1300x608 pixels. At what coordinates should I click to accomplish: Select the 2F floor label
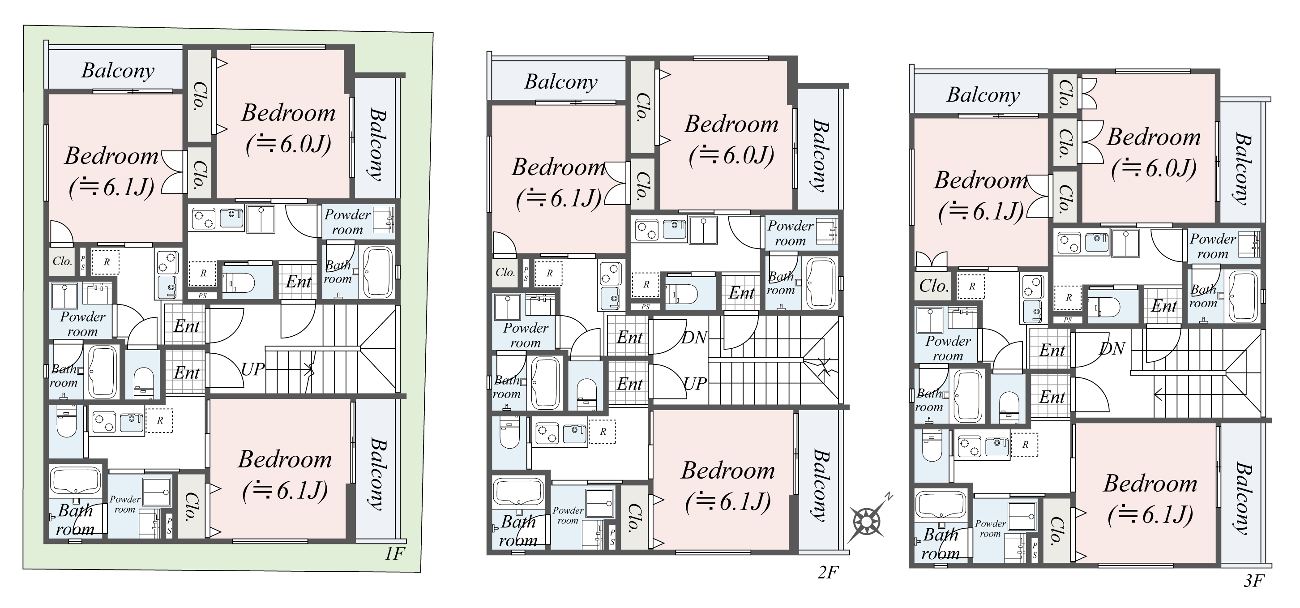pos(828,572)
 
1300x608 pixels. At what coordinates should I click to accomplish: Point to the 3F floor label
pos(1253,581)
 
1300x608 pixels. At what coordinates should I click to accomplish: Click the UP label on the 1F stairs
pos(252,369)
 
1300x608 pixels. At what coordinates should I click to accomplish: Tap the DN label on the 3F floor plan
pos(1113,348)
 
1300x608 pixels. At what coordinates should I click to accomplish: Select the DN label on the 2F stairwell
pos(694,337)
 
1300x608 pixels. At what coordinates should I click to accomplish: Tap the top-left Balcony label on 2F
pos(560,82)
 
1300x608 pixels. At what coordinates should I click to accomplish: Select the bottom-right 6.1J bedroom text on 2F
pos(728,485)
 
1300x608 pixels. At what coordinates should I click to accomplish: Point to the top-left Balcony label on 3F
pos(983,95)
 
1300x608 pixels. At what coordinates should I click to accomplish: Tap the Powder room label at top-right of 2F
pos(790,233)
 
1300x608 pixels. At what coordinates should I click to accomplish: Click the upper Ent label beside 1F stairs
pos(187,326)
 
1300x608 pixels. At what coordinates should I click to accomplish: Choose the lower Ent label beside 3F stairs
pos(1052,397)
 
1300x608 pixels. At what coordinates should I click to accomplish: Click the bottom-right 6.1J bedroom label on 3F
pos(1150,498)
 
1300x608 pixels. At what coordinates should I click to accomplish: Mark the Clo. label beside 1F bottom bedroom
pos(191,506)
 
